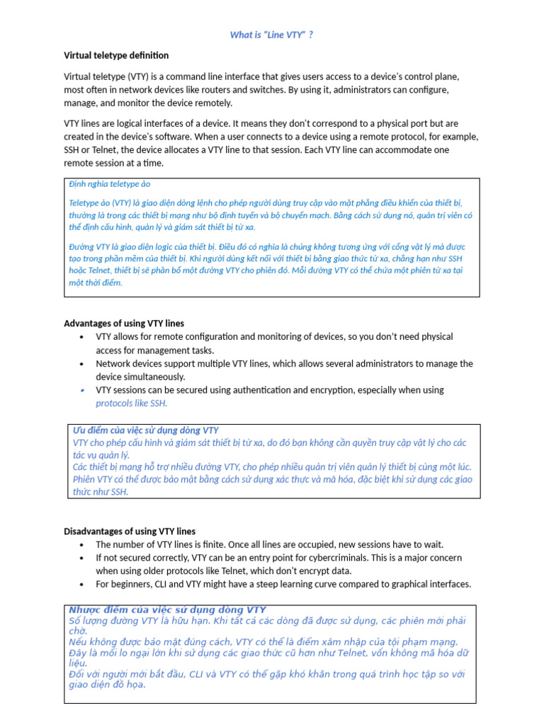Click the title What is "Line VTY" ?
tap(272, 35)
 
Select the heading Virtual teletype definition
tap(116, 55)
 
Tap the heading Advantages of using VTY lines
tap(124, 324)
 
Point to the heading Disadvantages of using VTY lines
tap(130, 531)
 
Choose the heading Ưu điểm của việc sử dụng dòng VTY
tap(146, 430)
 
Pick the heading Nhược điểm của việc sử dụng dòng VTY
tap(167, 610)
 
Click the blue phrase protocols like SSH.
tap(132, 404)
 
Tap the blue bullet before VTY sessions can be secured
tap(82, 390)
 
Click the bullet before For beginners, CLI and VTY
tap(82, 584)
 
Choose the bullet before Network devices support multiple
tap(82, 364)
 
